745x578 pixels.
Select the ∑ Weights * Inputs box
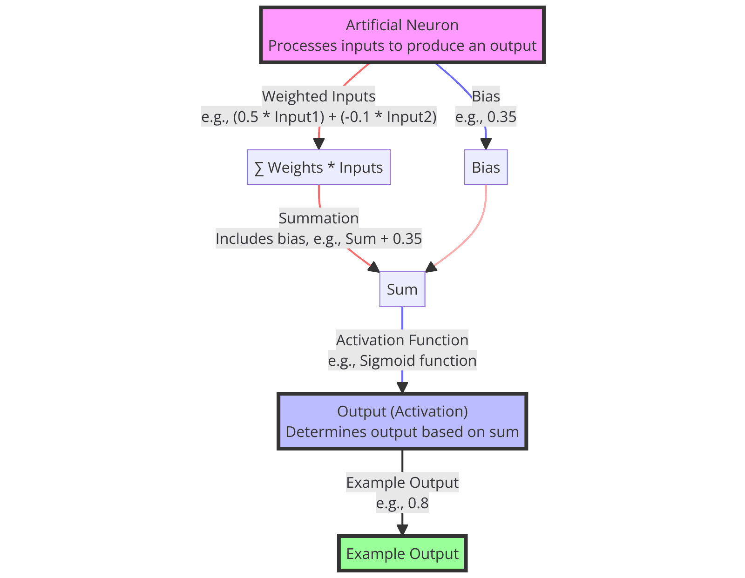click(x=318, y=168)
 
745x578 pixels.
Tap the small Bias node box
click(x=486, y=168)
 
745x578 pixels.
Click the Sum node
click(x=402, y=289)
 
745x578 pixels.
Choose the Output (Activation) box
click(x=402, y=421)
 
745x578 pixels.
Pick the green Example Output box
click(x=402, y=554)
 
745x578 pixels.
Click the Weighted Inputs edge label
click(x=318, y=96)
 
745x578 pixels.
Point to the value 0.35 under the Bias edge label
click(x=501, y=117)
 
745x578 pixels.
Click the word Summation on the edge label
click(x=318, y=218)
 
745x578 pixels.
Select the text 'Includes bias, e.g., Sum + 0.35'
click(x=318, y=239)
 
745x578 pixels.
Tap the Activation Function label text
click(x=402, y=340)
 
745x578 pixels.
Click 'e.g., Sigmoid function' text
click(x=402, y=361)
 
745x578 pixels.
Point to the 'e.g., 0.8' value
click(x=402, y=503)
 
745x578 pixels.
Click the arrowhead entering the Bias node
click(x=486, y=144)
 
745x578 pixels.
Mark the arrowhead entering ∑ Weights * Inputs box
click(x=319, y=144)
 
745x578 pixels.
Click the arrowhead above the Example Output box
click(x=402, y=530)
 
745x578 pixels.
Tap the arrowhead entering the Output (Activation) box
click(x=402, y=387)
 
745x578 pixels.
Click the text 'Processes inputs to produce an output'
click(x=402, y=46)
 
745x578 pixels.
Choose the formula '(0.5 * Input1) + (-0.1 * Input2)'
click(x=334, y=117)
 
